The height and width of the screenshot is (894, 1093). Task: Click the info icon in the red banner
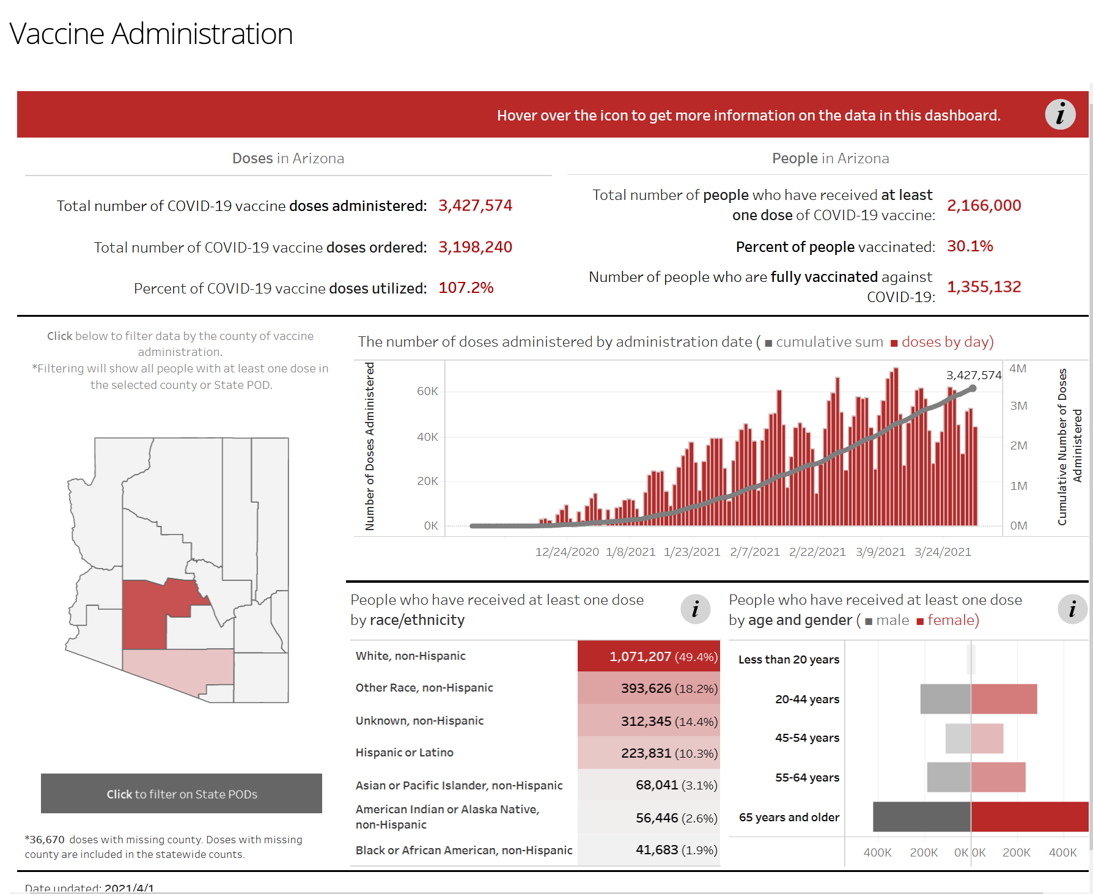point(1060,114)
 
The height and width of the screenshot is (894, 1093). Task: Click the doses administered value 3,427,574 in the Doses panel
point(475,205)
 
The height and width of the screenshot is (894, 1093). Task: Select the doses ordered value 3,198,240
point(475,247)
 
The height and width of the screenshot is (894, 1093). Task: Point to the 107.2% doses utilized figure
point(466,288)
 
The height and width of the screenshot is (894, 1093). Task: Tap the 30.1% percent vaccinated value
point(970,246)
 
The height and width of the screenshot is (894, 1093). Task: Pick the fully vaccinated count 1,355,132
point(984,287)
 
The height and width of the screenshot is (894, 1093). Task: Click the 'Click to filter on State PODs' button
point(182,794)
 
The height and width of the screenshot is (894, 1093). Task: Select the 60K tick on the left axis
point(427,391)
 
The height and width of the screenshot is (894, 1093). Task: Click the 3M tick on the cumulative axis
point(1018,406)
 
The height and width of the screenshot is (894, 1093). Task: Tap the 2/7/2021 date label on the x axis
point(755,552)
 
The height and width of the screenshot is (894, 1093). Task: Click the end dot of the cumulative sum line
point(973,388)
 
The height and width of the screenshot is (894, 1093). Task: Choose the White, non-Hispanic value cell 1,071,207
point(649,656)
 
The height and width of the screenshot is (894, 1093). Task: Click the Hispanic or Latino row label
point(405,753)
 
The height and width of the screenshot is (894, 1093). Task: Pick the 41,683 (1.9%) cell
point(676,850)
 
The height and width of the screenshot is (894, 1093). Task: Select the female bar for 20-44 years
point(1004,699)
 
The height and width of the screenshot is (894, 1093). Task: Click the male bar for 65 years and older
point(922,817)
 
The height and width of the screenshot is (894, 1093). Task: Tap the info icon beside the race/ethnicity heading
point(695,609)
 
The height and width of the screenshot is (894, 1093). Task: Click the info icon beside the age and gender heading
point(1072,609)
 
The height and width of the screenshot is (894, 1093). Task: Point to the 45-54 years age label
point(807,738)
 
